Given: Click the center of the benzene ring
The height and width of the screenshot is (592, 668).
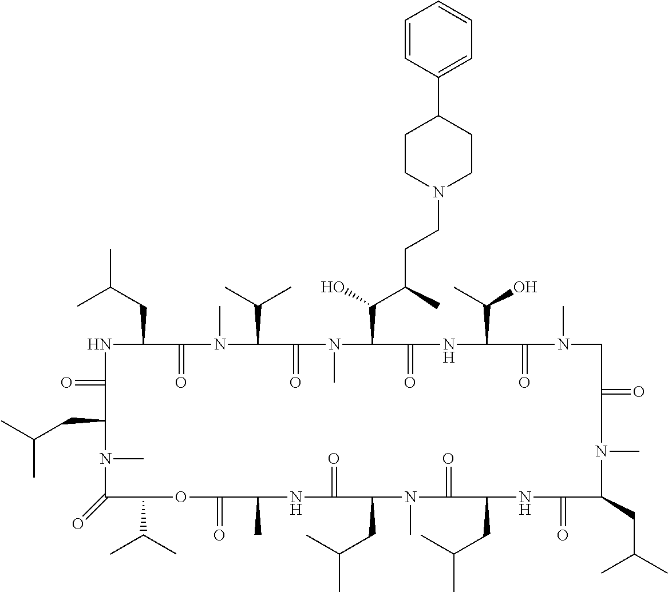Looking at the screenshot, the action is [x=438, y=39].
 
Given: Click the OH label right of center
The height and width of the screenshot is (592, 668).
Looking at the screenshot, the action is [x=525, y=287].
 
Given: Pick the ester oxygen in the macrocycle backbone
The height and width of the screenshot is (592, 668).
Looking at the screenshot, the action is [x=181, y=498].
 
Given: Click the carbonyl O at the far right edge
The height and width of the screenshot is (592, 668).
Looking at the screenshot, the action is [x=639, y=392].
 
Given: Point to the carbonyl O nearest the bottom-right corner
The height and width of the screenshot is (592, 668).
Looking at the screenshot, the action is [x=563, y=536].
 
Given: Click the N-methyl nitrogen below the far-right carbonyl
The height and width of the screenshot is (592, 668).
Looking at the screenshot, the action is [x=601, y=451].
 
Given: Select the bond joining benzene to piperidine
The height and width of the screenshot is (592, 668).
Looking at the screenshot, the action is [x=439, y=96].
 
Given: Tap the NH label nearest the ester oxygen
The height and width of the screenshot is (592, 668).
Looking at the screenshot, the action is [x=296, y=503].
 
